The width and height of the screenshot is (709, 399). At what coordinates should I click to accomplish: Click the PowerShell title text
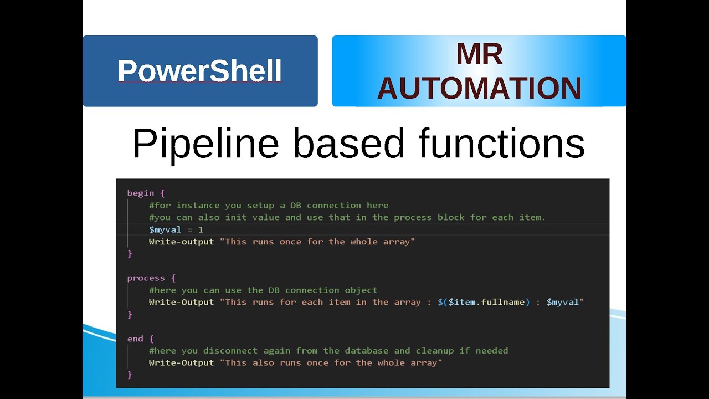click(199, 71)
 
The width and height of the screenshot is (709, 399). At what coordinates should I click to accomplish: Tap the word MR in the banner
click(479, 54)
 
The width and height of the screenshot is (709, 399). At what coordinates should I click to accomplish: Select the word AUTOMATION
click(479, 88)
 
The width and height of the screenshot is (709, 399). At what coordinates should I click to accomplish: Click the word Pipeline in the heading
click(205, 144)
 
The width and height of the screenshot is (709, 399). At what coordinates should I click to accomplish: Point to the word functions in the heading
click(501, 144)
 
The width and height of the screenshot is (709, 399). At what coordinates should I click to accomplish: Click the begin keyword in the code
click(141, 193)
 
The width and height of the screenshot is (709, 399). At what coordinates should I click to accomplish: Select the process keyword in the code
click(146, 278)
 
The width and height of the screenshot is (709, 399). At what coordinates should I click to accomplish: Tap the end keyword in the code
click(135, 338)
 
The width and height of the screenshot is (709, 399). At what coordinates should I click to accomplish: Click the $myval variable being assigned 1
click(165, 229)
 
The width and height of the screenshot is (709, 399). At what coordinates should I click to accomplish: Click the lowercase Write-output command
click(181, 242)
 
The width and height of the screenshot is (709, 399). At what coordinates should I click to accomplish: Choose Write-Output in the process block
click(181, 302)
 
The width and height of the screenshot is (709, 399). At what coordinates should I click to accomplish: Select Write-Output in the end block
click(181, 362)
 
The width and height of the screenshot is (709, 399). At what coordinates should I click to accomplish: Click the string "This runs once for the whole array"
click(320, 242)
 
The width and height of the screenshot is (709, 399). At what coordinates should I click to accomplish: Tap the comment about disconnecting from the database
click(328, 350)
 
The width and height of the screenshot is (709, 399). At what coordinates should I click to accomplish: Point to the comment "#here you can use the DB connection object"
click(263, 290)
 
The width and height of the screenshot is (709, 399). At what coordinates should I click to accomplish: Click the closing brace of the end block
click(130, 375)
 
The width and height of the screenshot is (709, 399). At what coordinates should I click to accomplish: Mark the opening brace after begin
click(162, 193)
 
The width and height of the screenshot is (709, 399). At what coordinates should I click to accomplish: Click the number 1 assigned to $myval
click(201, 229)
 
